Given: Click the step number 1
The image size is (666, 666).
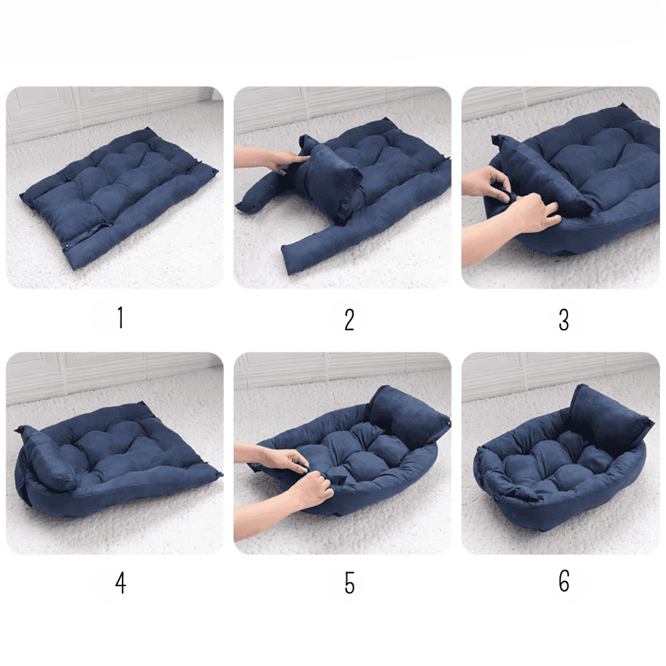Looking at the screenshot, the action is pyautogui.click(x=121, y=318).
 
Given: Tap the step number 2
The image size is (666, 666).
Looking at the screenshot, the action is pyautogui.click(x=349, y=320).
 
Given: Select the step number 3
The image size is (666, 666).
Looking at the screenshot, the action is pyautogui.click(x=563, y=320).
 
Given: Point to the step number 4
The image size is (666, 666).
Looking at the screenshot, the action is pyautogui.click(x=121, y=583).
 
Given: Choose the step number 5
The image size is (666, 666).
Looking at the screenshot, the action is pyautogui.click(x=349, y=583).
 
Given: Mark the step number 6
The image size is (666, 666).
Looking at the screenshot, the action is pyautogui.click(x=563, y=581).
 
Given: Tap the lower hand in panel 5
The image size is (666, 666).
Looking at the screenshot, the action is pyautogui.click(x=293, y=501).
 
